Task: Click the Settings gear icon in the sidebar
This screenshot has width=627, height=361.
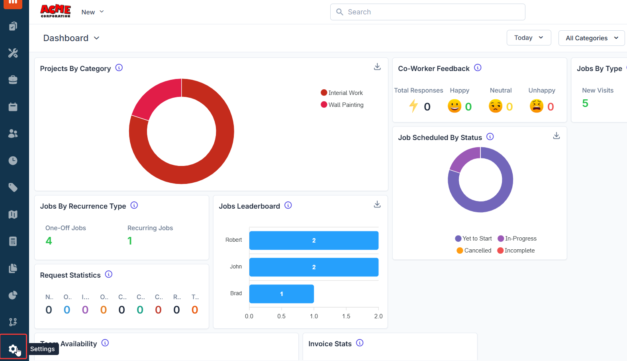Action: point(13,349)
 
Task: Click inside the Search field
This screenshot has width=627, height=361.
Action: point(427,12)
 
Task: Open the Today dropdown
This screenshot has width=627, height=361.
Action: point(529,38)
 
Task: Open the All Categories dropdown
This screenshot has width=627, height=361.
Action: point(592,38)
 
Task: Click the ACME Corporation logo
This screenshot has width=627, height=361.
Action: point(55,11)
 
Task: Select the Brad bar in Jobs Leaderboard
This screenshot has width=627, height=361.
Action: point(281,294)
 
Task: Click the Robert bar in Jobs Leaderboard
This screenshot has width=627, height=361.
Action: point(313,241)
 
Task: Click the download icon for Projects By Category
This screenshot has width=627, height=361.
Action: point(377,67)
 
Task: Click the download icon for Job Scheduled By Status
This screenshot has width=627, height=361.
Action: point(556,136)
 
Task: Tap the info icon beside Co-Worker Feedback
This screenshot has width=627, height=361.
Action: point(478,68)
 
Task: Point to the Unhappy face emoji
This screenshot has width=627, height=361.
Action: point(536,106)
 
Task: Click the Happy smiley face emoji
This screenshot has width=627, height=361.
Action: point(454,106)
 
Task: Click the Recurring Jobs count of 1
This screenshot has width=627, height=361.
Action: point(130,241)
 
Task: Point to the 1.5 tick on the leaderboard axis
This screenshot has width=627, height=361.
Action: point(346,316)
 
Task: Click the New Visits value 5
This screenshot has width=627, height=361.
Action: point(585,103)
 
